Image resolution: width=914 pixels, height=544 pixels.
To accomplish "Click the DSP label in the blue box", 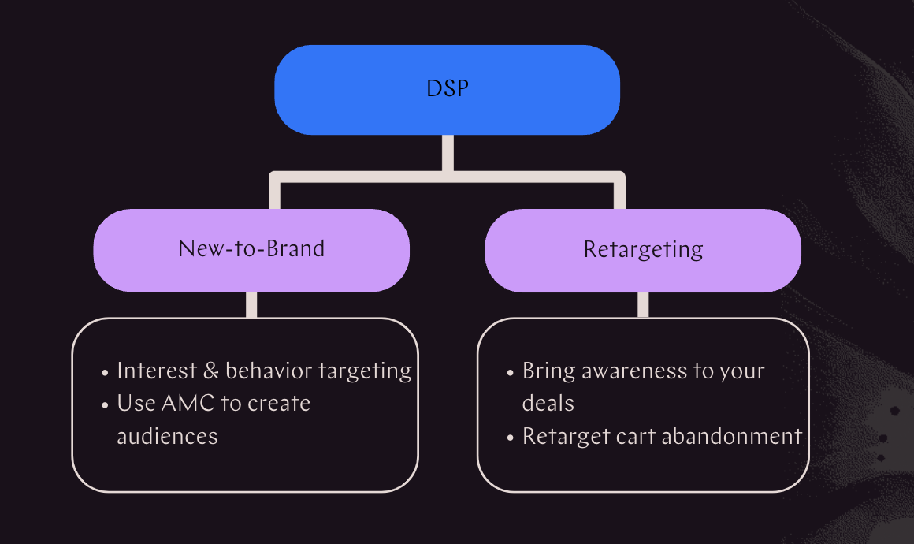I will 447,88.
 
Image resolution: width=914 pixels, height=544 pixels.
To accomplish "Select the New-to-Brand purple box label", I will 251,249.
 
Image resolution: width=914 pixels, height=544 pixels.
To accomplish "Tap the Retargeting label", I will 643,250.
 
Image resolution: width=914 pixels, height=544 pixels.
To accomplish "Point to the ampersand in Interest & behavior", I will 210,371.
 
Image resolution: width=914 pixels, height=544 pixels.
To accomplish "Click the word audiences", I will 167,435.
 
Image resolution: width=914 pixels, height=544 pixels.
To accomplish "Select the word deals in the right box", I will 548,403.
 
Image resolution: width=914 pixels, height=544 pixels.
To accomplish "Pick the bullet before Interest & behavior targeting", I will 106,372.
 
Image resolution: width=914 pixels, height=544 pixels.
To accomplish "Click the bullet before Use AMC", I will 106,404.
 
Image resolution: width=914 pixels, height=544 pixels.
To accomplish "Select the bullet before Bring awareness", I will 511,372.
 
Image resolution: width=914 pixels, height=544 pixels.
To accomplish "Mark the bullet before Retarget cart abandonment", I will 511,437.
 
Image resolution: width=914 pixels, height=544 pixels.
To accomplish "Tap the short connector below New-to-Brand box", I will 251,304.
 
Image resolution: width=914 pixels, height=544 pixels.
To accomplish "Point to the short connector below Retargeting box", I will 643,304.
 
